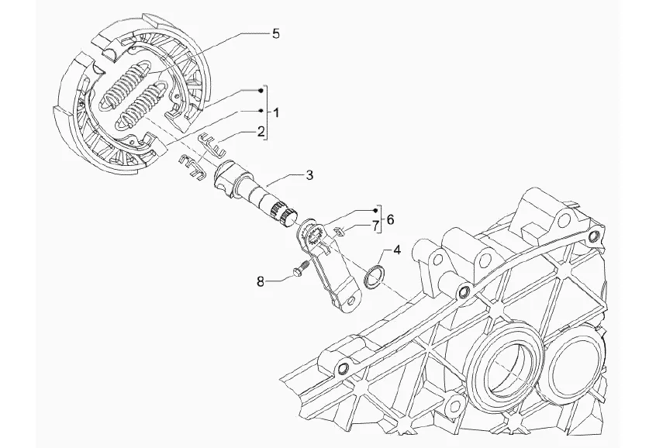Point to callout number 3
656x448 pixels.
(x=309, y=175)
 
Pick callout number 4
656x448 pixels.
(x=396, y=250)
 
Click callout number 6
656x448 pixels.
(x=389, y=219)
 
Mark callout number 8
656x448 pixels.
(x=261, y=281)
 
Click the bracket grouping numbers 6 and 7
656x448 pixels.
(x=379, y=220)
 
